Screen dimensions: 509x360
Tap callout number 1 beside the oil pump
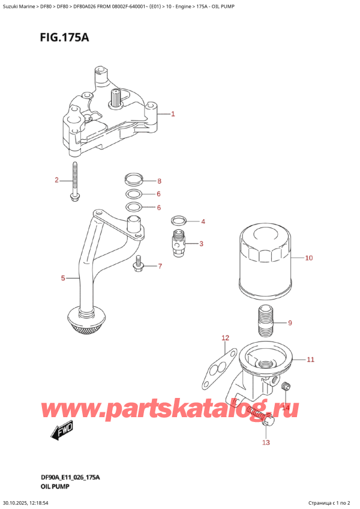[x=173, y=114]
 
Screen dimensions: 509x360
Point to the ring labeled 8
[x=134, y=178]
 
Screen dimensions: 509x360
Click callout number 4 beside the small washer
[x=203, y=221]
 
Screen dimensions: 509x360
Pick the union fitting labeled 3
[x=178, y=244]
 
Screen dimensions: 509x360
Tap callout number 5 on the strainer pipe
[x=62, y=278]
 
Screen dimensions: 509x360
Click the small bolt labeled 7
[x=139, y=264]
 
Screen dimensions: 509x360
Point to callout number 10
[x=308, y=259]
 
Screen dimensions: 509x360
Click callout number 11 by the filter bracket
[x=310, y=360]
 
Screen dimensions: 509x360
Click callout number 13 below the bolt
[x=266, y=442]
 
